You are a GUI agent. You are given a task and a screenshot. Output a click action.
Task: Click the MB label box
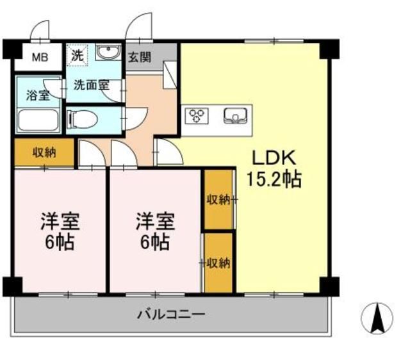[39, 56]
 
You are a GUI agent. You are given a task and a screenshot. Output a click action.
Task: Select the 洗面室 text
[89, 84]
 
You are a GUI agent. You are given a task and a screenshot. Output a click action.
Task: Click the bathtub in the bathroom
[38, 120]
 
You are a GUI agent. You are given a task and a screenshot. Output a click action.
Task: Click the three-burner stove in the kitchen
[197, 116]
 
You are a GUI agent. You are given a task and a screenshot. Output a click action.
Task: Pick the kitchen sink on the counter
[235, 116]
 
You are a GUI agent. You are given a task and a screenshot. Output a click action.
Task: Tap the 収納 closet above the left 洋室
[44, 152]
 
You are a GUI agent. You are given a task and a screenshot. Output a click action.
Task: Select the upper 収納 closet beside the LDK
[218, 199]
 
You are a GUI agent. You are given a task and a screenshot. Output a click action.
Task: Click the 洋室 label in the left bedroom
[60, 222]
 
